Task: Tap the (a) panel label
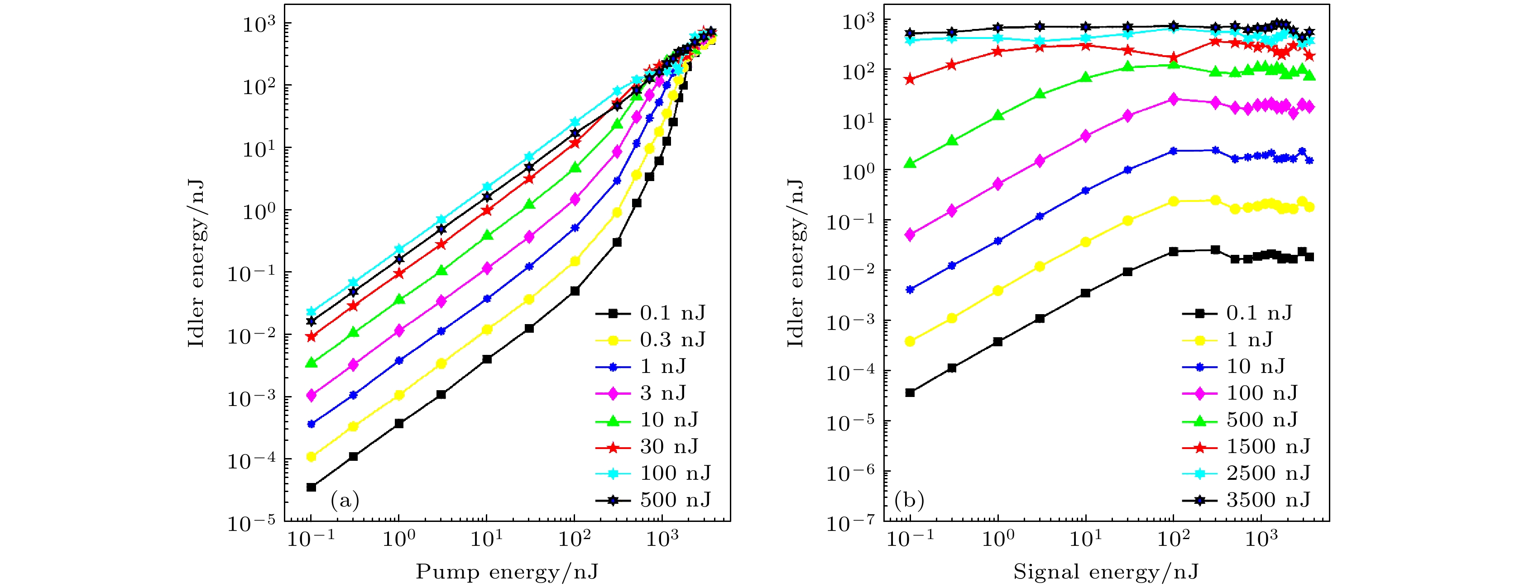point(345,500)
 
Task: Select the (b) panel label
point(909,500)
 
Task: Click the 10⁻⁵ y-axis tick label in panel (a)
point(252,522)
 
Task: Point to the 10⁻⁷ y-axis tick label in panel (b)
point(850,522)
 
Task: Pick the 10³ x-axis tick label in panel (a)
point(662,537)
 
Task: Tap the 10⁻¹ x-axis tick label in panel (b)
point(910,537)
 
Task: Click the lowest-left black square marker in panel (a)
point(311,487)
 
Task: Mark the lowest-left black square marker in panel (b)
point(910,392)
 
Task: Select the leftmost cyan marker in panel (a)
point(311,311)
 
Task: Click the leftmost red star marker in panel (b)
point(910,79)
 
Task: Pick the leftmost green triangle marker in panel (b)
point(910,163)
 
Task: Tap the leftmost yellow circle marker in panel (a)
point(311,456)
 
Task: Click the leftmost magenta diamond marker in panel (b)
point(910,234)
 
